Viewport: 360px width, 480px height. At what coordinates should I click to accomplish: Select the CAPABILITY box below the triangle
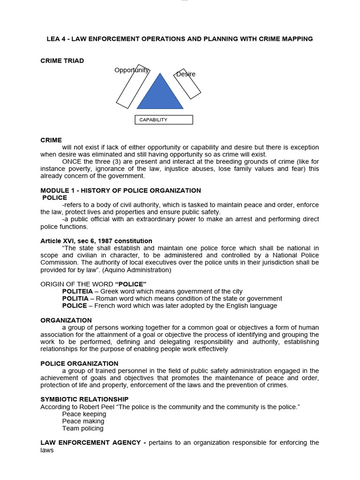164,120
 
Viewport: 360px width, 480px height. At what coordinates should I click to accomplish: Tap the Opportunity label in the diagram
132,70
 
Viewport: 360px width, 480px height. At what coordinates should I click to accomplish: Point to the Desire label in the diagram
186,74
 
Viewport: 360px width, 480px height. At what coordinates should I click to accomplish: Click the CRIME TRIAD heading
62,61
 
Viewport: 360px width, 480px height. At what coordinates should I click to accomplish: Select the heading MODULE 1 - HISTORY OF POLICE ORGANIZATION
120,190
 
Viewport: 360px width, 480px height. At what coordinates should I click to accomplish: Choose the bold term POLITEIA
78,292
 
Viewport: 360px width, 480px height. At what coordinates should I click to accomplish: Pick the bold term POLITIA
76,299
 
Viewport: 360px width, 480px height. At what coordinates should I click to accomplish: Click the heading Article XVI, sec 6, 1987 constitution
96,241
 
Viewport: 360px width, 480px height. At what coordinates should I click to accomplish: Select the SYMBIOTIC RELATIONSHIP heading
84,399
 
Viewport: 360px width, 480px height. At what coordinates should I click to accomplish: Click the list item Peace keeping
84,414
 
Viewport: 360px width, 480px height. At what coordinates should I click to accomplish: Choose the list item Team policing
82,428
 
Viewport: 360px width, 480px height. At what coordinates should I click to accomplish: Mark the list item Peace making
83,421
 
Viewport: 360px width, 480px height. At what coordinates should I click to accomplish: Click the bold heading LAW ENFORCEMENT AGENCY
91,442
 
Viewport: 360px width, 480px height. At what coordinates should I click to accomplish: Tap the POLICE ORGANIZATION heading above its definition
79,363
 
